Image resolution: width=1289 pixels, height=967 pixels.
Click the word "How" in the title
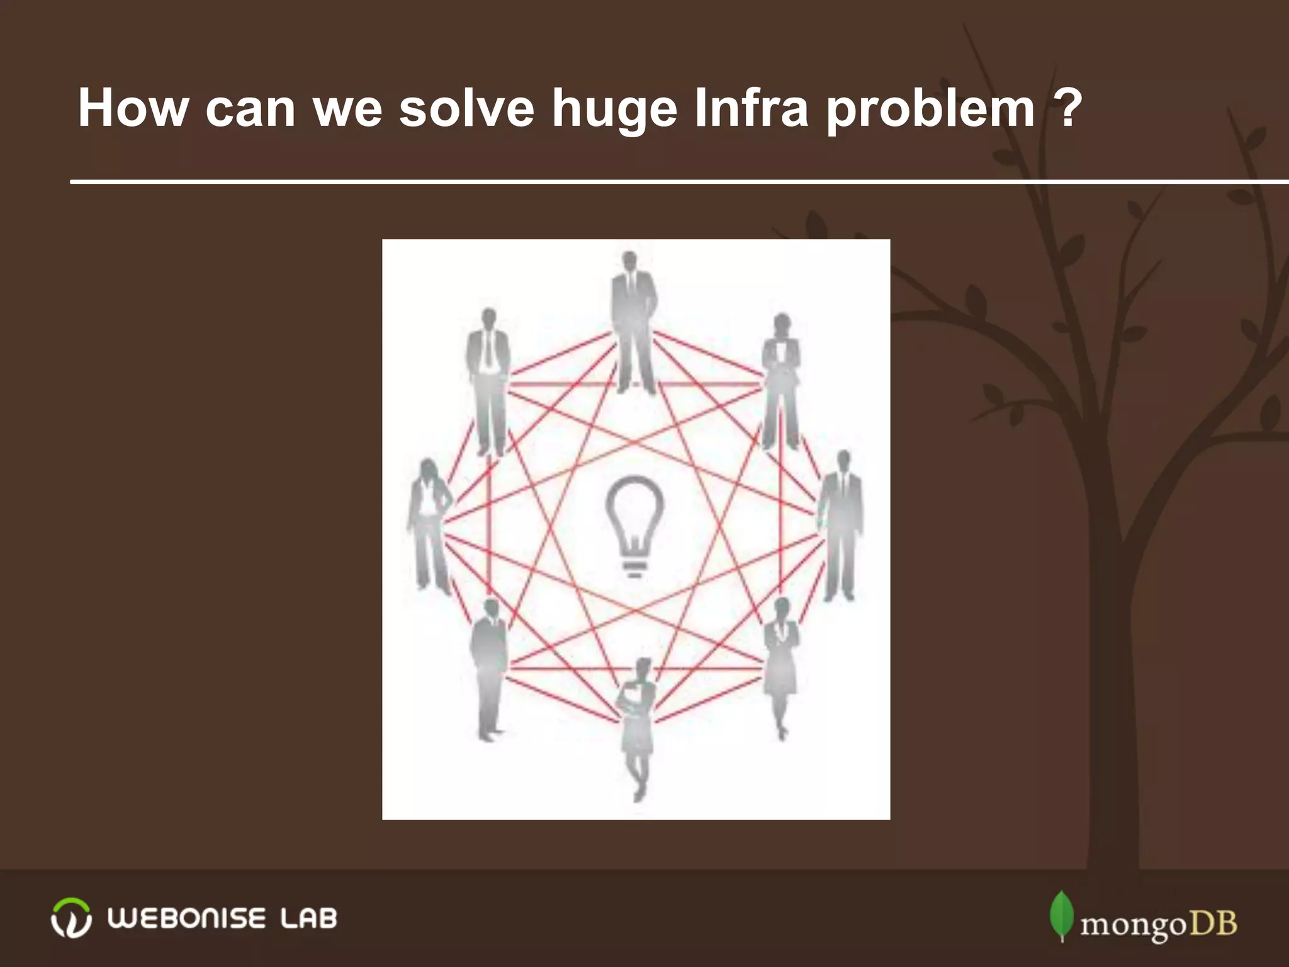(x=133, y=108)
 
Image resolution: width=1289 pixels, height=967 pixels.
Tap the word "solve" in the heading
(x=466, y=108)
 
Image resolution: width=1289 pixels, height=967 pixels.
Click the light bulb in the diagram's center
(x=634, y=526)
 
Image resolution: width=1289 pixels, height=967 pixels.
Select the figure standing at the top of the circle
(x=633, y=321)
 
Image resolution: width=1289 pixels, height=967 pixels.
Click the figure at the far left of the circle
(x=430, y=526)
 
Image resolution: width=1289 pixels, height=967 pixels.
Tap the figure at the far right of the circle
(x=840, y=526)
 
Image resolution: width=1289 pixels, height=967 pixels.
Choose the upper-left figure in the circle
(x=488, y=381)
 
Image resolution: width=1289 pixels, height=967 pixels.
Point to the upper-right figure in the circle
(x=780, y=381)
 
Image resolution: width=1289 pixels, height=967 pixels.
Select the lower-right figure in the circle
(x=781, y=667)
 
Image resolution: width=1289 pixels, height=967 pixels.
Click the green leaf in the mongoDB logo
(x=1061, y=915)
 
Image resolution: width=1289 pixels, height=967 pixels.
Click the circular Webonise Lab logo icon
(x=70, y=919)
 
